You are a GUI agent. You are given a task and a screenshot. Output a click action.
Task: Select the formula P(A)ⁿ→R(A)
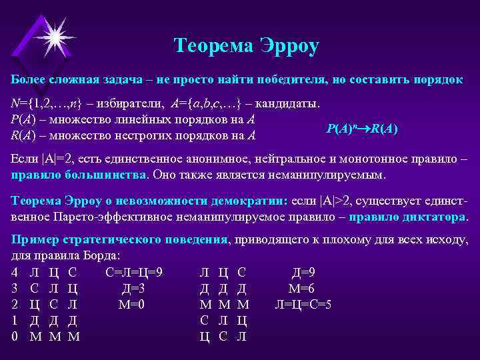[x=362, y=129]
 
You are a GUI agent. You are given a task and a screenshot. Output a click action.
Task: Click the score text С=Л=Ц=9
[x=134, y=272]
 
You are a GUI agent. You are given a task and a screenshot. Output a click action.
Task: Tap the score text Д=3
[x=133, y=288]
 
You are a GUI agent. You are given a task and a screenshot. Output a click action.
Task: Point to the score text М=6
[x=301, y=288]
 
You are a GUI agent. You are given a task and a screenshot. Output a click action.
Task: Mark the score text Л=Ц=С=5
[x=303, y=304]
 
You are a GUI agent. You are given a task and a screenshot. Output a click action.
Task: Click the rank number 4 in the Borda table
[x=15, y=272]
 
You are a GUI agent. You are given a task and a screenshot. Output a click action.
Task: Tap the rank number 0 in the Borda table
[x=15, y=337]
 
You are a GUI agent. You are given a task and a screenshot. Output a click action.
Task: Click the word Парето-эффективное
[x=123, y=217]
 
